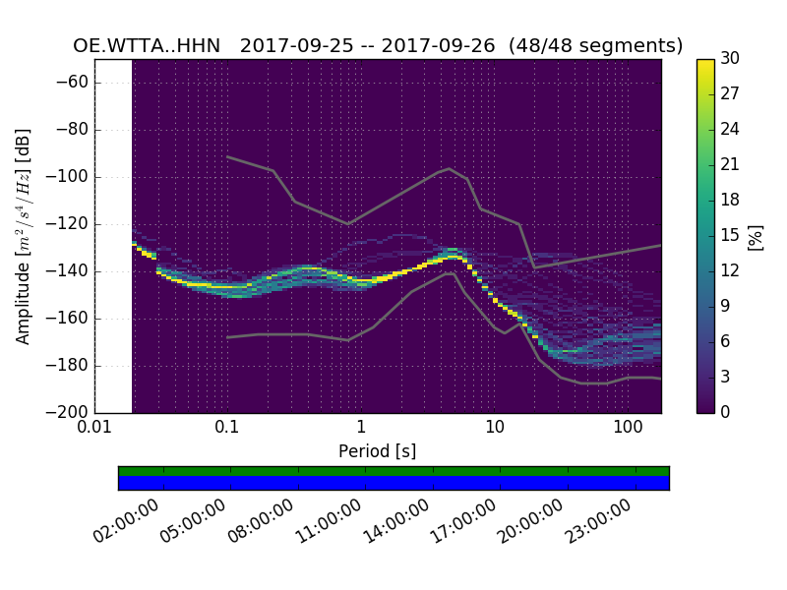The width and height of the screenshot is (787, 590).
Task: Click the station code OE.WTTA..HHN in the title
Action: coord(147,46)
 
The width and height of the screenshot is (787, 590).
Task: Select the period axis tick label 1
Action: coord(361,429)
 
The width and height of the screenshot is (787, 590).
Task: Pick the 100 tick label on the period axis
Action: coord(628,429)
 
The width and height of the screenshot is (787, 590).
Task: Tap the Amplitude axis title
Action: coord(24,236)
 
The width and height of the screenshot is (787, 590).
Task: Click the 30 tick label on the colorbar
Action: coord(731,59)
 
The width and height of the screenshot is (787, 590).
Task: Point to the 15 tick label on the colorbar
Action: coord(731,235)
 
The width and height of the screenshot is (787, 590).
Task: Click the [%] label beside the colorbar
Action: coord(756,236)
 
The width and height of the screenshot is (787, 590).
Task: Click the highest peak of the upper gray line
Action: coord(450,168)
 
